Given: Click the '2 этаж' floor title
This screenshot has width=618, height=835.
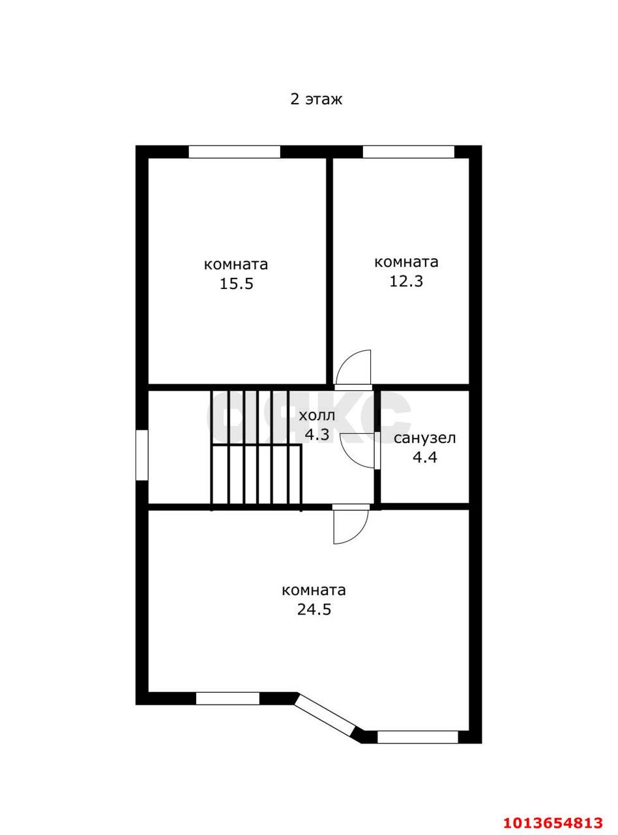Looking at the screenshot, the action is point(316,100).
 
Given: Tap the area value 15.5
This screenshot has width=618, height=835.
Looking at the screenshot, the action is point(237,284).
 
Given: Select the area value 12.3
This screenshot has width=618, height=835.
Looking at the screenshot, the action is point(406,281).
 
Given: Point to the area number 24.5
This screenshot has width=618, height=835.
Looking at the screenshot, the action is point(314,609).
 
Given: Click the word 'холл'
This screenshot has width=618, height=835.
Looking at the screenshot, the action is point(317,416).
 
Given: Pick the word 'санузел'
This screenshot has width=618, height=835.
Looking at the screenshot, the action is point(424,438).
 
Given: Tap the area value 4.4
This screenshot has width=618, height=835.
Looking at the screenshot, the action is point(425,458).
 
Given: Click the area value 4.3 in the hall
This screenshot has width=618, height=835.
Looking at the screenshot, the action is point(317,435).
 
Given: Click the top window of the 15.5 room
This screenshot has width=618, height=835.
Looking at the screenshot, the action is point(235,152).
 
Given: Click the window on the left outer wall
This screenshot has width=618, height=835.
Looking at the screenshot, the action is point(142,455).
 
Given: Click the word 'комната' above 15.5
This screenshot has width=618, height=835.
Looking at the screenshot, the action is point(236,265).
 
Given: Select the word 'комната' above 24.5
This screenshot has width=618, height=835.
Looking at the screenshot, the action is point(314,590).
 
